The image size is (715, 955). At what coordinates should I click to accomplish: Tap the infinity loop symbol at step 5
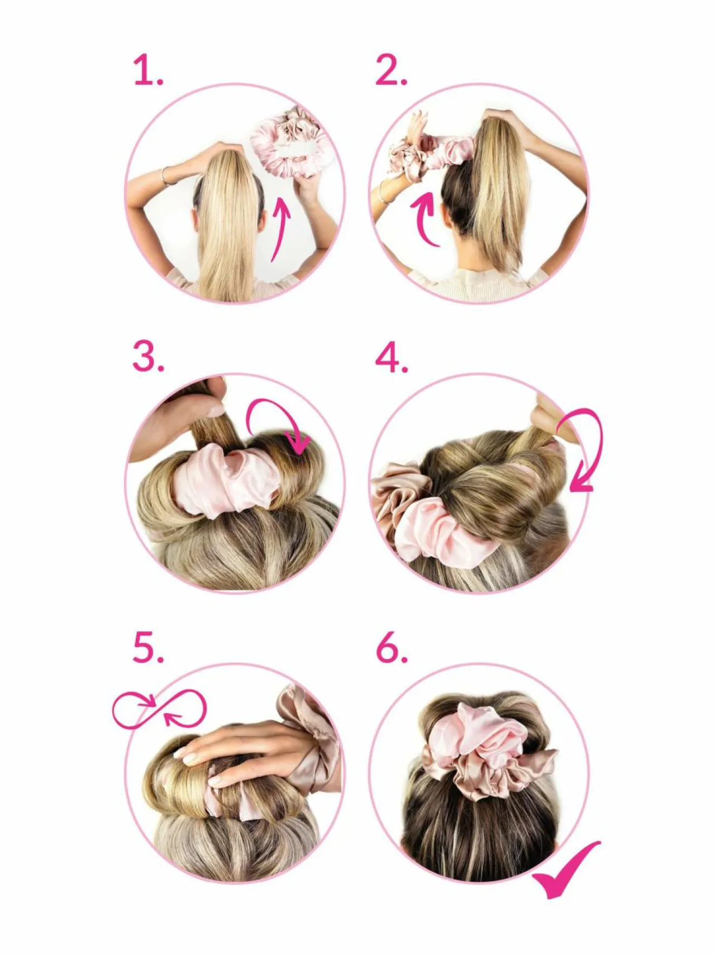[x=160, y=710]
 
